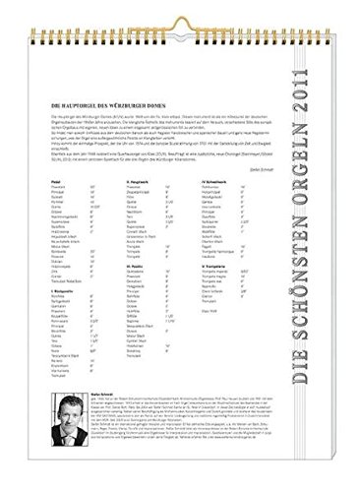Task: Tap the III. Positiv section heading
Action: [x=137, y=293]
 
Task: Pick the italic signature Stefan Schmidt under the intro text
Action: [x=276, y=193]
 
